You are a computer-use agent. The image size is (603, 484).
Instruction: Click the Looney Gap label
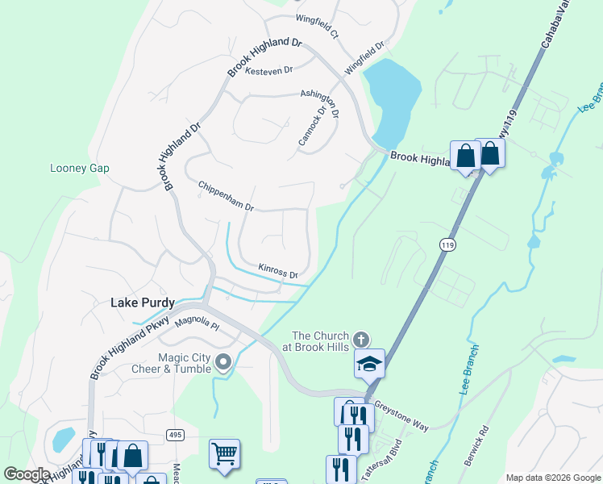(x=79, y=168)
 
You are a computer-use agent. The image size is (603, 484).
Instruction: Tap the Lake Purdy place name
(x=142, y=302)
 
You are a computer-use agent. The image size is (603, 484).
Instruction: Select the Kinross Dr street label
(x=278, y=271)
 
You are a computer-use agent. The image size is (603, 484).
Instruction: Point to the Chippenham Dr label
(x=227, y=196)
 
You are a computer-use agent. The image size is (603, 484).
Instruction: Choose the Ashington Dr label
(x=319, y=103)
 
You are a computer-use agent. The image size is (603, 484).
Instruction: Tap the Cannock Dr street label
(x=312, y=127)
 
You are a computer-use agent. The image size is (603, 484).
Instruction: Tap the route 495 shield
(x=175, y=435)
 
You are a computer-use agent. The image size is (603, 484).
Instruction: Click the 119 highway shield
(x=446, y=243)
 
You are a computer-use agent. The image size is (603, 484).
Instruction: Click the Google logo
(x=27, y=474)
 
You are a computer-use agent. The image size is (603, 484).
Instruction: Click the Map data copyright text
(x=553, y=477)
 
